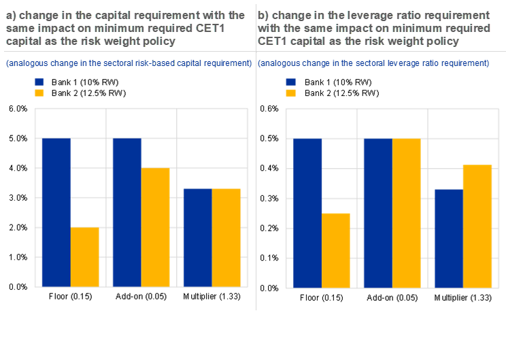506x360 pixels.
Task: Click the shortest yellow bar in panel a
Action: click(85, 257)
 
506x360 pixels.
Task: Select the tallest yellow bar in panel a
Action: click(156, 227)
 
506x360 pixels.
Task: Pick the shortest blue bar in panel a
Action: click(197, 237)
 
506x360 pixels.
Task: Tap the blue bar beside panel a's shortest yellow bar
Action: click(56, 212)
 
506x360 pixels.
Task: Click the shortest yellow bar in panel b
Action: click(336, 250)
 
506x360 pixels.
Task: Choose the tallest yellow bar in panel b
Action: click(407, 212)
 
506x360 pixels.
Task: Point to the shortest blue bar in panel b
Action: click(449, 238)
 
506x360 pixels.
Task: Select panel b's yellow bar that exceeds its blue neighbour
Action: click(478, 225)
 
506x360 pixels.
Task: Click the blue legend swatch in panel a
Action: click(39, 82)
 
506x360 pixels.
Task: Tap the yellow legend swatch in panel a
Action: click(39, 93)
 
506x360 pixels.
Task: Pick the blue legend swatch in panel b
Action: click(291, 82)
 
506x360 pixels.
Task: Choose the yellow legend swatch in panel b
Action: click(291, 93)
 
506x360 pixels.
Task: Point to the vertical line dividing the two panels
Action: click(256, 204)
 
